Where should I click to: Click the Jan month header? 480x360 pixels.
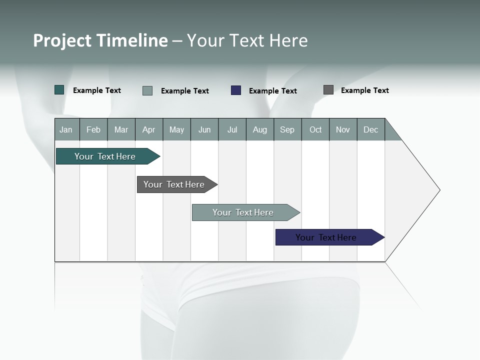66,129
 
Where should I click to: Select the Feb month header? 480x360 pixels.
93,129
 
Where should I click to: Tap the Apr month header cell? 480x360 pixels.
149,129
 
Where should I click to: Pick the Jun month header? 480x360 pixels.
204,129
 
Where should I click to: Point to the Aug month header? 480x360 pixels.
260,129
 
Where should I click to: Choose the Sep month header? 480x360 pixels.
287,129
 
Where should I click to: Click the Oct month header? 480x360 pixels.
315,129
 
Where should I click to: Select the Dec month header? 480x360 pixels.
371,129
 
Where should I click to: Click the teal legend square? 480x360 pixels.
59,90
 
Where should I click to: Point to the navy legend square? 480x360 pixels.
236,90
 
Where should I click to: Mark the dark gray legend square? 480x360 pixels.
328,90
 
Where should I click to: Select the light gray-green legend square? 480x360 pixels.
147,90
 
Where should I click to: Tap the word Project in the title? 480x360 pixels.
62,40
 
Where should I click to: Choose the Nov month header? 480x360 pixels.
343,129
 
